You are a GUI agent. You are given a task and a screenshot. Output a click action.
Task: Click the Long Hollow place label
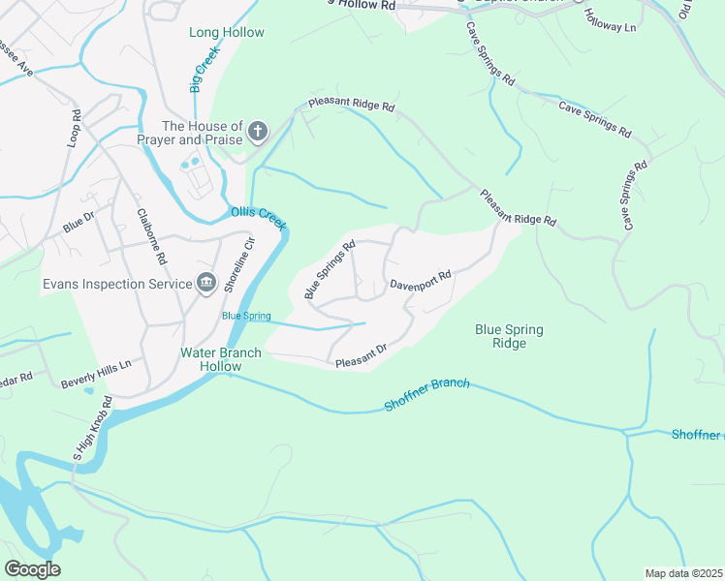[227, 33]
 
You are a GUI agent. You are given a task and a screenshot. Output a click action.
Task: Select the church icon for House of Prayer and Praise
[258, 131]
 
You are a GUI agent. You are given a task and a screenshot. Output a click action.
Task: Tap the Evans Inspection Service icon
[206, 283]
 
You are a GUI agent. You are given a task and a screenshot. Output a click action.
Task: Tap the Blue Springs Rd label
[331, 269]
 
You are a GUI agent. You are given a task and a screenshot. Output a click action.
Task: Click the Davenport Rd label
[421, 281]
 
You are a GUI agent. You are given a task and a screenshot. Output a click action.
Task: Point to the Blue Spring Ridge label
[509, 337]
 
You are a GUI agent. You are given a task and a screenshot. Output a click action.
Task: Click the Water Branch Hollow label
[221, 359]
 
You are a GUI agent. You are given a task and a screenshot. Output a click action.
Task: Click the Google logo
[32, 569]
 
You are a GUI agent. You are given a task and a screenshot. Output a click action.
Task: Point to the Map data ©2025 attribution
[683, 573]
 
